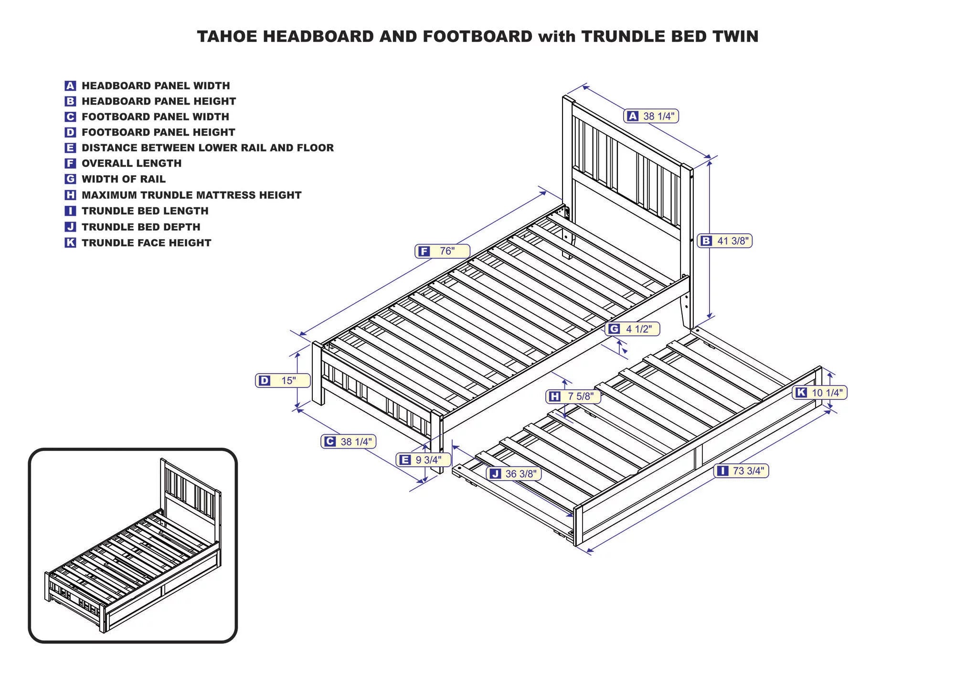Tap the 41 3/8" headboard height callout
pyautogui.click(x=724, y=241)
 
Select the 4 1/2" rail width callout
pyautogui.click(x=632, y=329)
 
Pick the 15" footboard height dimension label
pyautogui.click(x=283, y=380)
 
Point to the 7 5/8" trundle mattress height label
pyautogui.click(x=573, y=396)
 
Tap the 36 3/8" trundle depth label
pyautogui.click(x=514, y=473)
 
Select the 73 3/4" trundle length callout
pyautogui.click(x=741, y=471)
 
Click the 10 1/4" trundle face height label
pyautogui.click(x=819, y=393)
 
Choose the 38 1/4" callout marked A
pyautogui.click(x=651, y=116)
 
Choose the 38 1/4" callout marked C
pyautogui.click(x=349, y=441)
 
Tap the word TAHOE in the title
pyautogui.click(x=227, y=36)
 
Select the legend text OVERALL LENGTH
pyautogui.click(x=131, y=163)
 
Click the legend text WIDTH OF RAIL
pyautogui.click(x=123, y=179)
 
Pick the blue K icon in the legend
pyautogui.click(x=70, y=243)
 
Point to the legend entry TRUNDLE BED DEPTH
pyautogui.click(x=141, y=227)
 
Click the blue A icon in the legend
pyautogui.click(x=70, y=86)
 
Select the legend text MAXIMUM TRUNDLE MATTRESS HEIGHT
pyautogui.click(x=191, y=195)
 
